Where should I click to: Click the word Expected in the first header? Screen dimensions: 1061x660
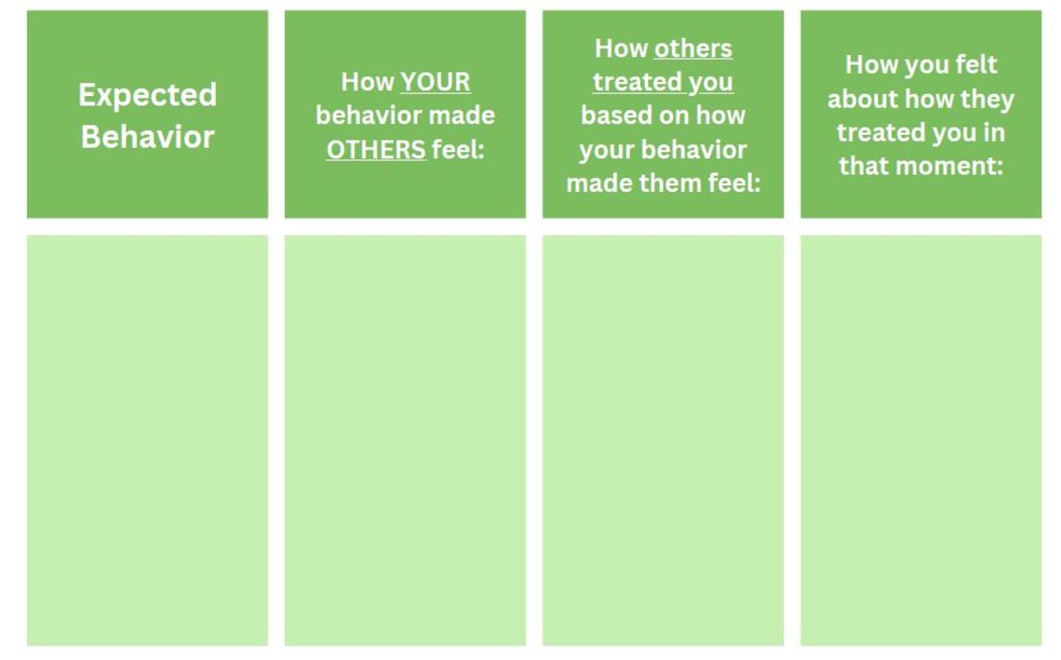(x=147, y=96)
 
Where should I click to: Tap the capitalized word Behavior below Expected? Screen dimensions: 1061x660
(x=147, y=137)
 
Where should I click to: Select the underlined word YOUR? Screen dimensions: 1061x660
(x=435, y=82)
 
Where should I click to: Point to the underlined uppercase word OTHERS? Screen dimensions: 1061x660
(x=376, y=150)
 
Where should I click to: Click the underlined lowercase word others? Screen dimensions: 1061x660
(x=692, y=48)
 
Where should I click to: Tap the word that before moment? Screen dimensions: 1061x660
(x=866, y=166)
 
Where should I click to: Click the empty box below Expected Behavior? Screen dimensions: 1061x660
(x=147, y=440)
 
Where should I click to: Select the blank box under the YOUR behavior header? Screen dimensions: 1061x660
(x=405, y=440)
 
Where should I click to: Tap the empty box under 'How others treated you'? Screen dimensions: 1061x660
(x=663, y=440)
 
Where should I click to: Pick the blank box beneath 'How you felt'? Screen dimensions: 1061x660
(x=921, y=440)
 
